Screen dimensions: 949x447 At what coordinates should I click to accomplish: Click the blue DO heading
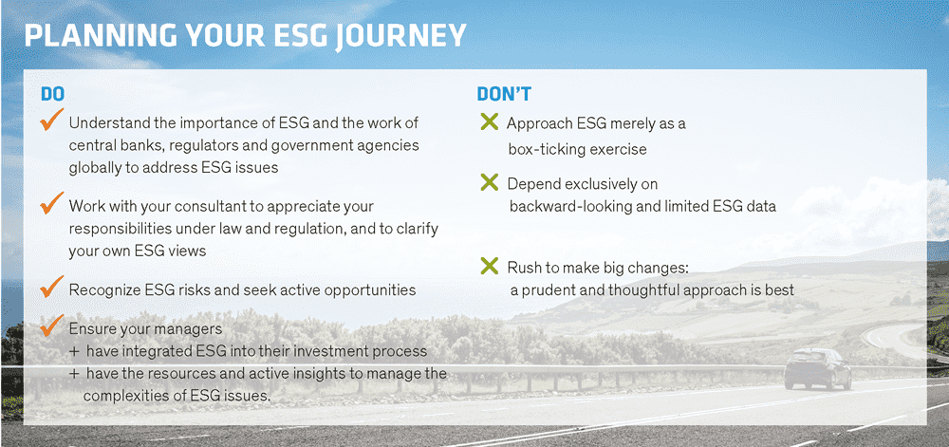[x=52, y=94]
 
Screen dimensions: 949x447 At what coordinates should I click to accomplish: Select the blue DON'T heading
[x=504, y=94]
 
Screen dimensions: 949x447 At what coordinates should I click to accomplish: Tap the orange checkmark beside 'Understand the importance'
[x=51, y=119]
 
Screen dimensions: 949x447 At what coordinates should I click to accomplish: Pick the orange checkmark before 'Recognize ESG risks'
[x=51, y=286]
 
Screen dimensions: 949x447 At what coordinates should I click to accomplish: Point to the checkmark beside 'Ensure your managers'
[x=51, y=325]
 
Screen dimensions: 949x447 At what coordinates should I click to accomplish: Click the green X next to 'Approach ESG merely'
[x=489, y=122]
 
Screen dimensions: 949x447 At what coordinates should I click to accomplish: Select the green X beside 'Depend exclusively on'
[x=489, y=182]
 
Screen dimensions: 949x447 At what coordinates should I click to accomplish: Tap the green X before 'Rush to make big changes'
[x=489, y=265]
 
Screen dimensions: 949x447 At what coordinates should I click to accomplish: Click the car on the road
[x=818, y=368]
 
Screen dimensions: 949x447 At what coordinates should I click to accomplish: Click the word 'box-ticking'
[x=546, y=149]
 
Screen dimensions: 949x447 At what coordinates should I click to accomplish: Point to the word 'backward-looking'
[x=564, y=206]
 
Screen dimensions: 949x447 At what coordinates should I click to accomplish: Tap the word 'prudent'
[x=548, y=289]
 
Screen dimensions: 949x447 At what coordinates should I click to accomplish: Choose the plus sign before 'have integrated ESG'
[x=74, y=351]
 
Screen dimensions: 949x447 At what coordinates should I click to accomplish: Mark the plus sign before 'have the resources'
[x=74, y=374]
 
